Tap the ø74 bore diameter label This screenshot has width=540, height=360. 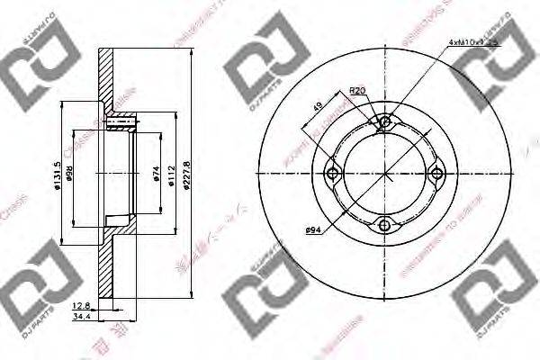(x=156, y=174)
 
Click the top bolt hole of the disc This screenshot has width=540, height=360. (x=385, y=123)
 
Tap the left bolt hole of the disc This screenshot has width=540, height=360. (x=334, y=175)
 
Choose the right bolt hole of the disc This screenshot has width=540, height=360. (x=436, y=175)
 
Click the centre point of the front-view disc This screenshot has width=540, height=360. (x=385, y=175)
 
